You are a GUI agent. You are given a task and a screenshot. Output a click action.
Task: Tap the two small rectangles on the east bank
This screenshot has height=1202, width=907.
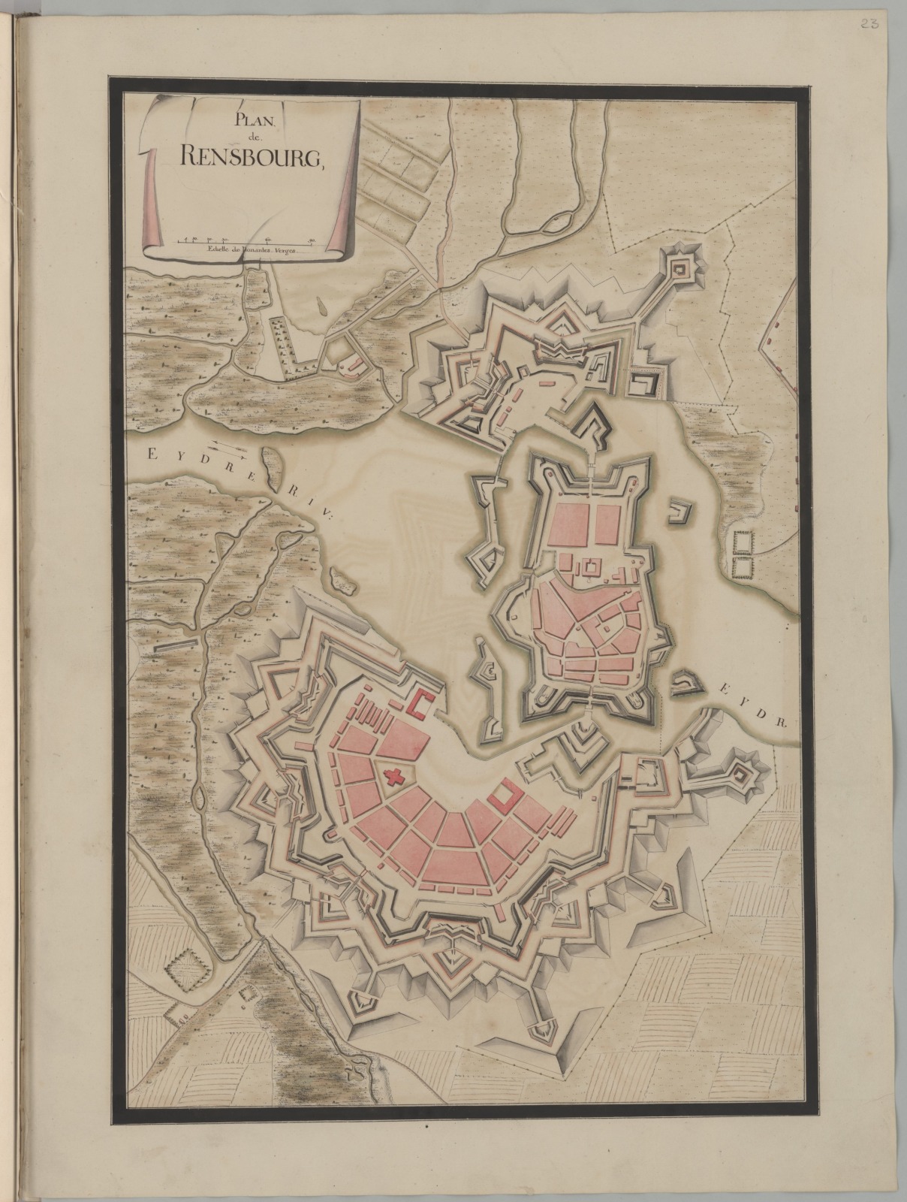click(743, 554)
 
